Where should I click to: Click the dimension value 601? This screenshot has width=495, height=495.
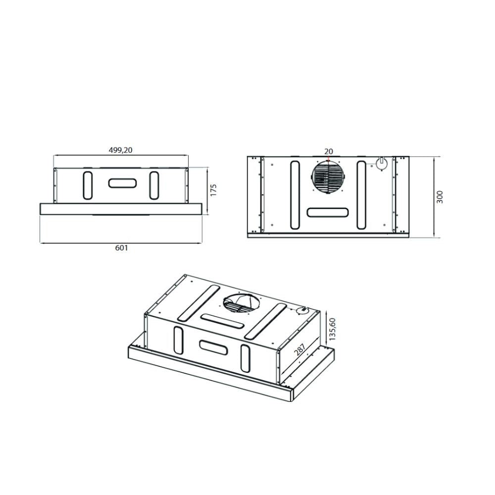(121, 248)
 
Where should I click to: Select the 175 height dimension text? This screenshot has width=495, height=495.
(213, 191)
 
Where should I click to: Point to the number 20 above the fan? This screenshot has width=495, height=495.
(329, 151)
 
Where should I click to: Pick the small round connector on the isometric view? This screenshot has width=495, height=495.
(301, 311)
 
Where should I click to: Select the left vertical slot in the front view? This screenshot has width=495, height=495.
(87, 185)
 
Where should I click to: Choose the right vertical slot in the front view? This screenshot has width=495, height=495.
(154, 185)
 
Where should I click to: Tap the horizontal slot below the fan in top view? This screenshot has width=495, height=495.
(328, 213)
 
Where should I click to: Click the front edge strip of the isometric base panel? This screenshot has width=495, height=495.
(208, 376)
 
